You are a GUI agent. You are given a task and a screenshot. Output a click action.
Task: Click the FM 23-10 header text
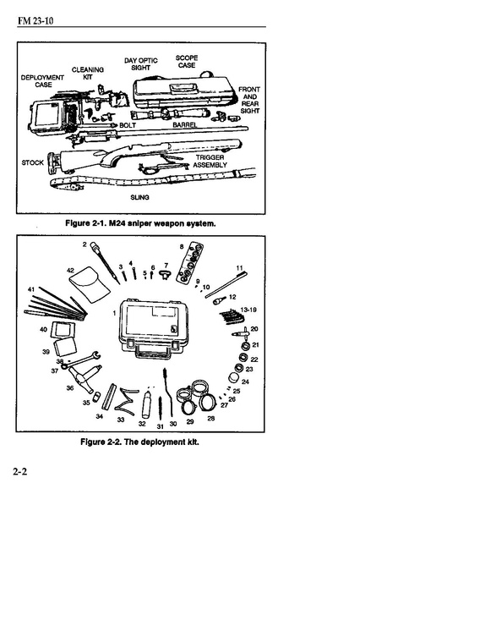[x=35, y=20]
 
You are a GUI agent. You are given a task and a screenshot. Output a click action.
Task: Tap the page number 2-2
[x=20, y=471]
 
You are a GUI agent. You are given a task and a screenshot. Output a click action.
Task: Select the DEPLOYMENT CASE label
[x=42, y=81]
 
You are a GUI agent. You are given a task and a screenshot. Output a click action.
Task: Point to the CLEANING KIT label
[x=88, y=74]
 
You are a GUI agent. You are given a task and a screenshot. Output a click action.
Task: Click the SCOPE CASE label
[x=187, y=62]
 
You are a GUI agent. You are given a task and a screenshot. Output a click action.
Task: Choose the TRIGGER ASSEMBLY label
[x=210, y=162]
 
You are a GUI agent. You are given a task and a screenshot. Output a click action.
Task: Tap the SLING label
[x=139, y=197]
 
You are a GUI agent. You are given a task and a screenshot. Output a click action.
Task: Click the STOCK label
[x=33, y=162]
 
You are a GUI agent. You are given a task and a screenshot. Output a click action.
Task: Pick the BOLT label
[x=128, y=125]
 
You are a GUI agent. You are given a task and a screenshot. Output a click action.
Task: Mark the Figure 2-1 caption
[x=140, y=223]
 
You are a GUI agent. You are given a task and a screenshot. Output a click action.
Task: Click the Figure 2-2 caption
[x=140, y=442]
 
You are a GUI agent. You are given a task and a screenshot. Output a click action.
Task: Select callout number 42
[x=71, y=270]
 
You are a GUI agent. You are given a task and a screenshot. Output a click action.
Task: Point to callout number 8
[x=182, y=246]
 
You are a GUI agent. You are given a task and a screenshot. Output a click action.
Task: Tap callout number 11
[x=240, y=268]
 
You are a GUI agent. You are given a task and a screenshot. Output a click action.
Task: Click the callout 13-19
[x=248, y=310]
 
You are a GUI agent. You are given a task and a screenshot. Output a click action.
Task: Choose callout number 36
[x=70, y=387]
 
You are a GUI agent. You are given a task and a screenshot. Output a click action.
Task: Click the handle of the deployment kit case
[x=153, y=351]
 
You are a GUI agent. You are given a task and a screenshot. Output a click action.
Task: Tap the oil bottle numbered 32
[x=146, y=403]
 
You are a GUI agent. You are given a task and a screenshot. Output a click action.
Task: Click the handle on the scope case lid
[x=183, y=88]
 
